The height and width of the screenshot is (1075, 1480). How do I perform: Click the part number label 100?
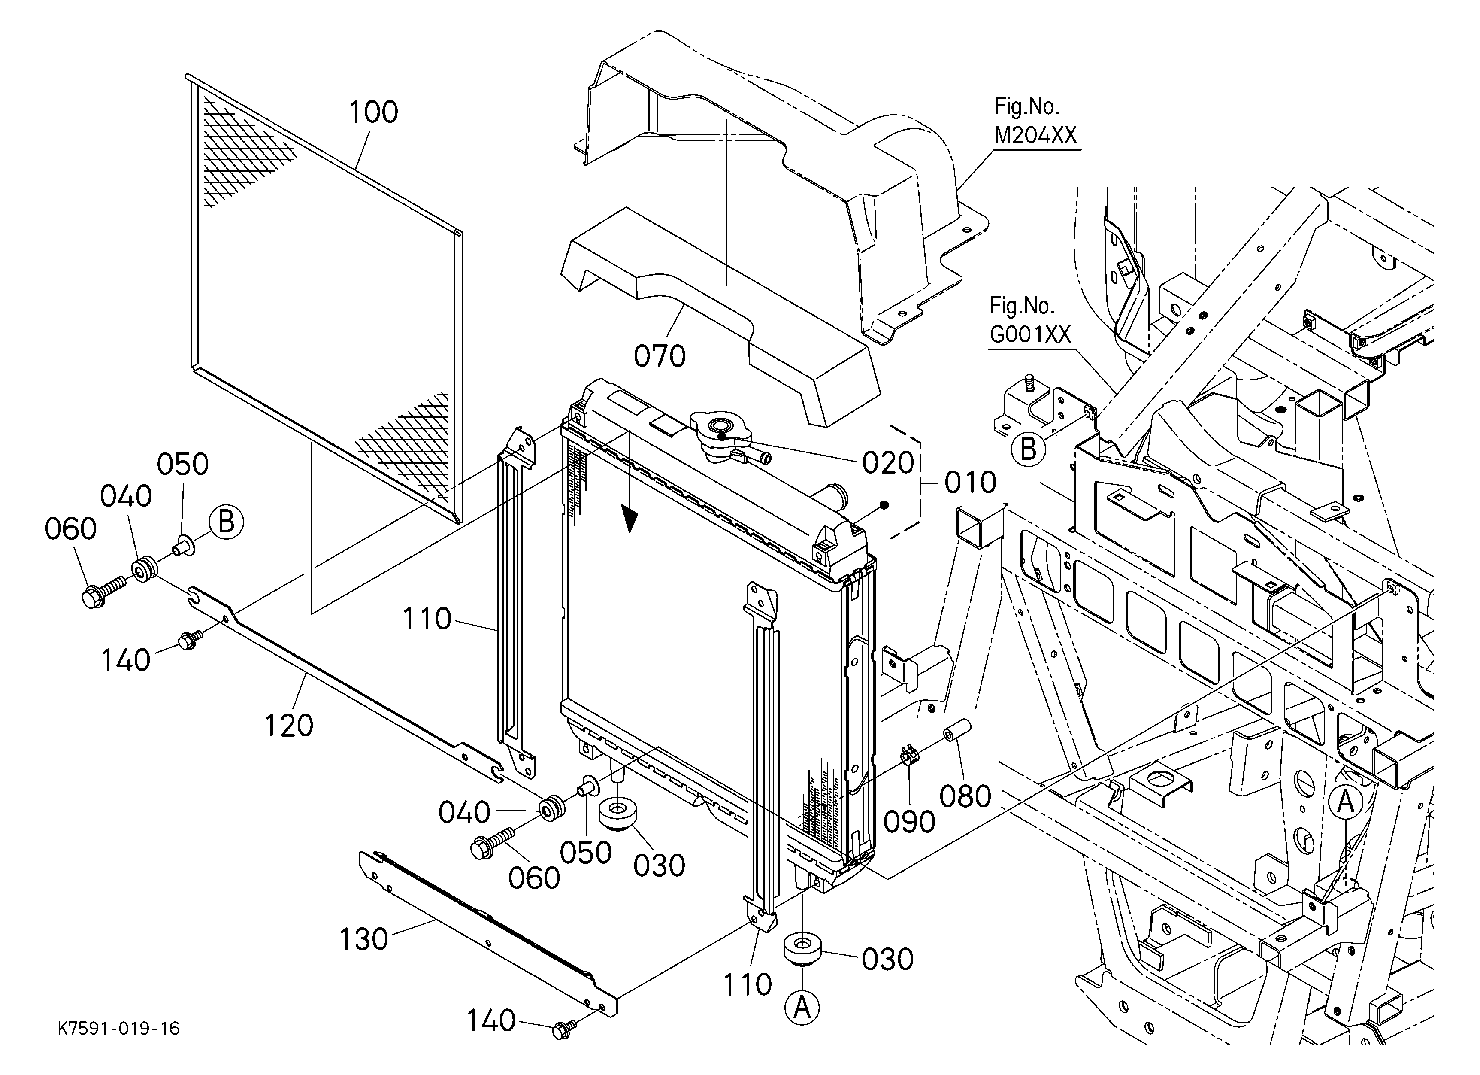tap(373, 112)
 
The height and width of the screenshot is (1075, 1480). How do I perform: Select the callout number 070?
tap(659, 356)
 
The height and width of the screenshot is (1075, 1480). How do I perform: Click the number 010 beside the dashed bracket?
tap(970, 483)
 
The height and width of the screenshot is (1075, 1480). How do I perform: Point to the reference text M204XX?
tap(1035, 135)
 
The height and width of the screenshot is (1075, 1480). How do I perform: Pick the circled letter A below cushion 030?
tap(802, 1008)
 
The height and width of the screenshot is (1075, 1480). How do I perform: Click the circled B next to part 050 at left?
tap(226, 522)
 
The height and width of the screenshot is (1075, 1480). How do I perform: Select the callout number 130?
tap(363, 940)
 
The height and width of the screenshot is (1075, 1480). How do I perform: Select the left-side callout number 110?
tap(427, 619)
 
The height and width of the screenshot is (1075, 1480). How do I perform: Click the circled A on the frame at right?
tap(1345, 802)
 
